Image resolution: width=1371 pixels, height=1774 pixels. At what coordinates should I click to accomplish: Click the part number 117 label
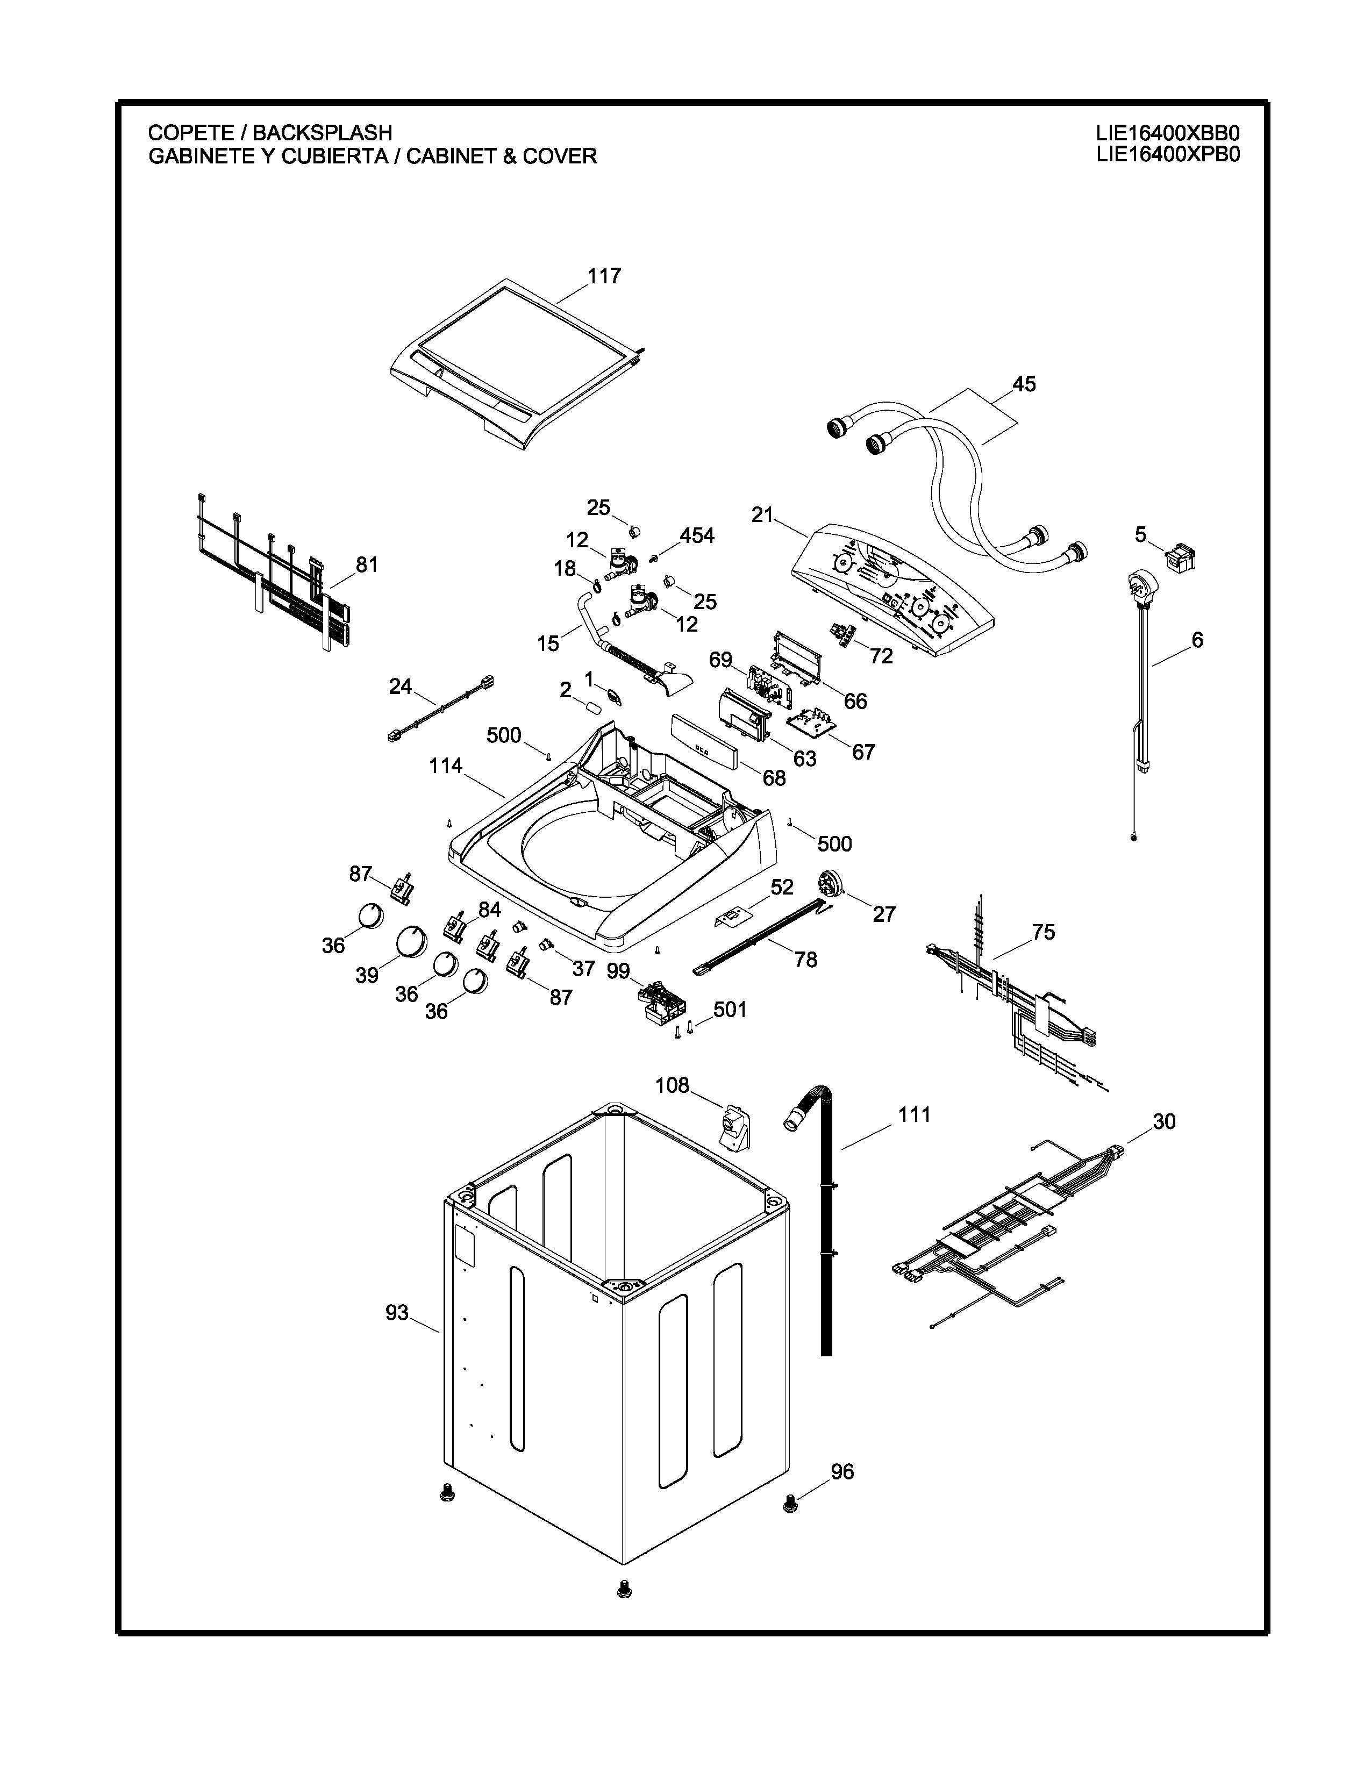click(604, 276)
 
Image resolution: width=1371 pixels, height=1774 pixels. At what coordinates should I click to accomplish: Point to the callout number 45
click(1024, 384)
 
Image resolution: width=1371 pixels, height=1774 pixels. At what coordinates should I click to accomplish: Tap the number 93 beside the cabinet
click(397, 1313)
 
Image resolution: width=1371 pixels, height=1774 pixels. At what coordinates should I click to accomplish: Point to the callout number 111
click(915, 1115)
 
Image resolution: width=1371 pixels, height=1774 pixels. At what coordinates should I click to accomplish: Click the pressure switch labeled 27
click(829, 881)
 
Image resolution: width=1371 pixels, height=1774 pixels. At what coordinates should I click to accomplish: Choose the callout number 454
click(697, 536)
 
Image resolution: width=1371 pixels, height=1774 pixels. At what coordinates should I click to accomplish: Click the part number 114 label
click(446, 766)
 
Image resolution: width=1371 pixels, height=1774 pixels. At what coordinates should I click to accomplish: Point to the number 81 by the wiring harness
click(367, 564)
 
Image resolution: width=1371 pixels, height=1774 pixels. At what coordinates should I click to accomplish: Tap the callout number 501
click(730, 1009)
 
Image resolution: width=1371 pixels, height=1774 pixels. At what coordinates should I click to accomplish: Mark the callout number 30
click(1164, 1122)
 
